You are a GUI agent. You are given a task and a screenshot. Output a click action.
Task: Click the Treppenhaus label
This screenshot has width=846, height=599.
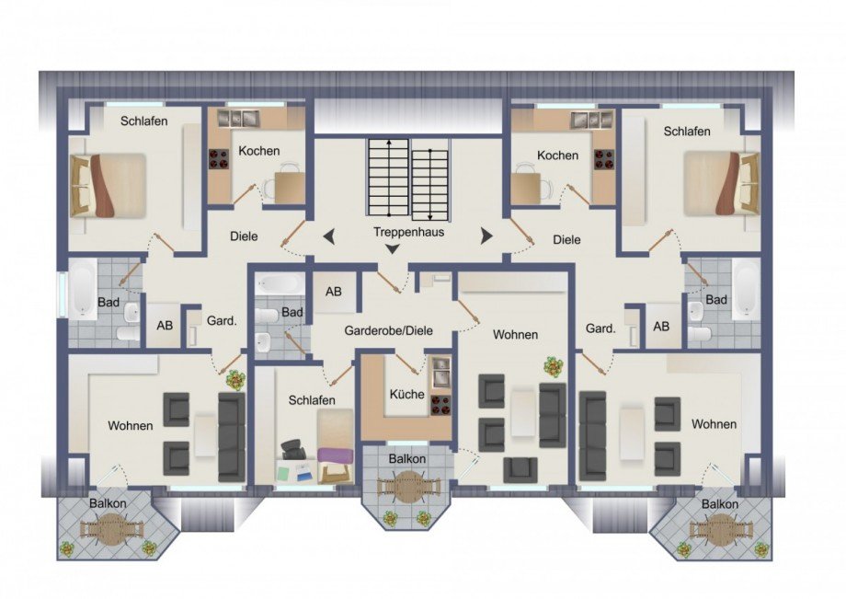point(408,233)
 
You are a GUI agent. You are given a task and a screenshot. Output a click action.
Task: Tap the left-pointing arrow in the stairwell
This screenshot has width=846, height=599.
point(328,236)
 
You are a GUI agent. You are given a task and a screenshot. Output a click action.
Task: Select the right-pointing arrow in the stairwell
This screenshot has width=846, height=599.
point(486,236)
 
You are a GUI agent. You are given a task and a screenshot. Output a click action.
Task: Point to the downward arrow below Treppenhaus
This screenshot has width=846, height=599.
point(393,248)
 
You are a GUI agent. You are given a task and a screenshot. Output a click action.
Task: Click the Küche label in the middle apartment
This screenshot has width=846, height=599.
point(406,395)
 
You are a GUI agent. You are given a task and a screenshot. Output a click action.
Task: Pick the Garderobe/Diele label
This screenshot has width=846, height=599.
point(388,330)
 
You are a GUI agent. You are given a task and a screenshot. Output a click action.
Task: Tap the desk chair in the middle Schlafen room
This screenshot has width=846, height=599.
point(292,448)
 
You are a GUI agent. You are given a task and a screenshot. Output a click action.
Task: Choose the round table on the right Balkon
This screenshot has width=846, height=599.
point(721,529)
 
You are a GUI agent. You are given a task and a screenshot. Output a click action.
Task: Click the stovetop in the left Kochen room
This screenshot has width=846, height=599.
point(219,158)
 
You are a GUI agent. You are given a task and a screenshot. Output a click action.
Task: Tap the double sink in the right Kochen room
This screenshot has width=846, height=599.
point(592,119)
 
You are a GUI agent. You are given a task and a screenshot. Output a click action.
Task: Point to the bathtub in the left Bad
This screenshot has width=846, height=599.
point(83,288)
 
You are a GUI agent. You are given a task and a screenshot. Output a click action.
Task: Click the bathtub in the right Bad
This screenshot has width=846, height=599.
point(747,286)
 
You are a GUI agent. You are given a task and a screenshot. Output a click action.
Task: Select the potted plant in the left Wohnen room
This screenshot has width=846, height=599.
point(234,380)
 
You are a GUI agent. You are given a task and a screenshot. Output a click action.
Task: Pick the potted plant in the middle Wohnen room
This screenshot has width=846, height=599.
point(553,367)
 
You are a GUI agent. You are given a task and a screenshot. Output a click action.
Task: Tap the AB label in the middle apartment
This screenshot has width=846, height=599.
point(334,292)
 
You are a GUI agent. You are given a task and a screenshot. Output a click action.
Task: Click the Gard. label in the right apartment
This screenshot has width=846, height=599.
point(601,328)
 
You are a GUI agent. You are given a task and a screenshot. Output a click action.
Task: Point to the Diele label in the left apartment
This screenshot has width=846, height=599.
point(244,236)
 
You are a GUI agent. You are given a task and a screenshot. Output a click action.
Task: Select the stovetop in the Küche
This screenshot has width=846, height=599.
point(440,404)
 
